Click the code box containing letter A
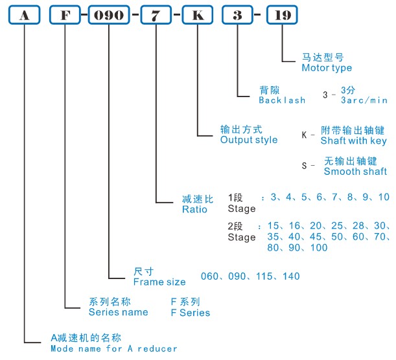tap(24, 16)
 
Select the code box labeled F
tap(65, 16)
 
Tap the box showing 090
tap(109, 16)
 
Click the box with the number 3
tap(239, 16)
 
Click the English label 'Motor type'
tap(327, 68)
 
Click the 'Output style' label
tap(249, 140)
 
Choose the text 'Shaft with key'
tap(354, 141)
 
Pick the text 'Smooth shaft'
tap(355, 172)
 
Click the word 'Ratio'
tap(194, 209)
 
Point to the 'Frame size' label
tap(159, 282)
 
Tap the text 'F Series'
tap(190, 313)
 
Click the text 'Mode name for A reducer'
tap(114, 348)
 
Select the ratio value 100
tap(318, 248)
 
